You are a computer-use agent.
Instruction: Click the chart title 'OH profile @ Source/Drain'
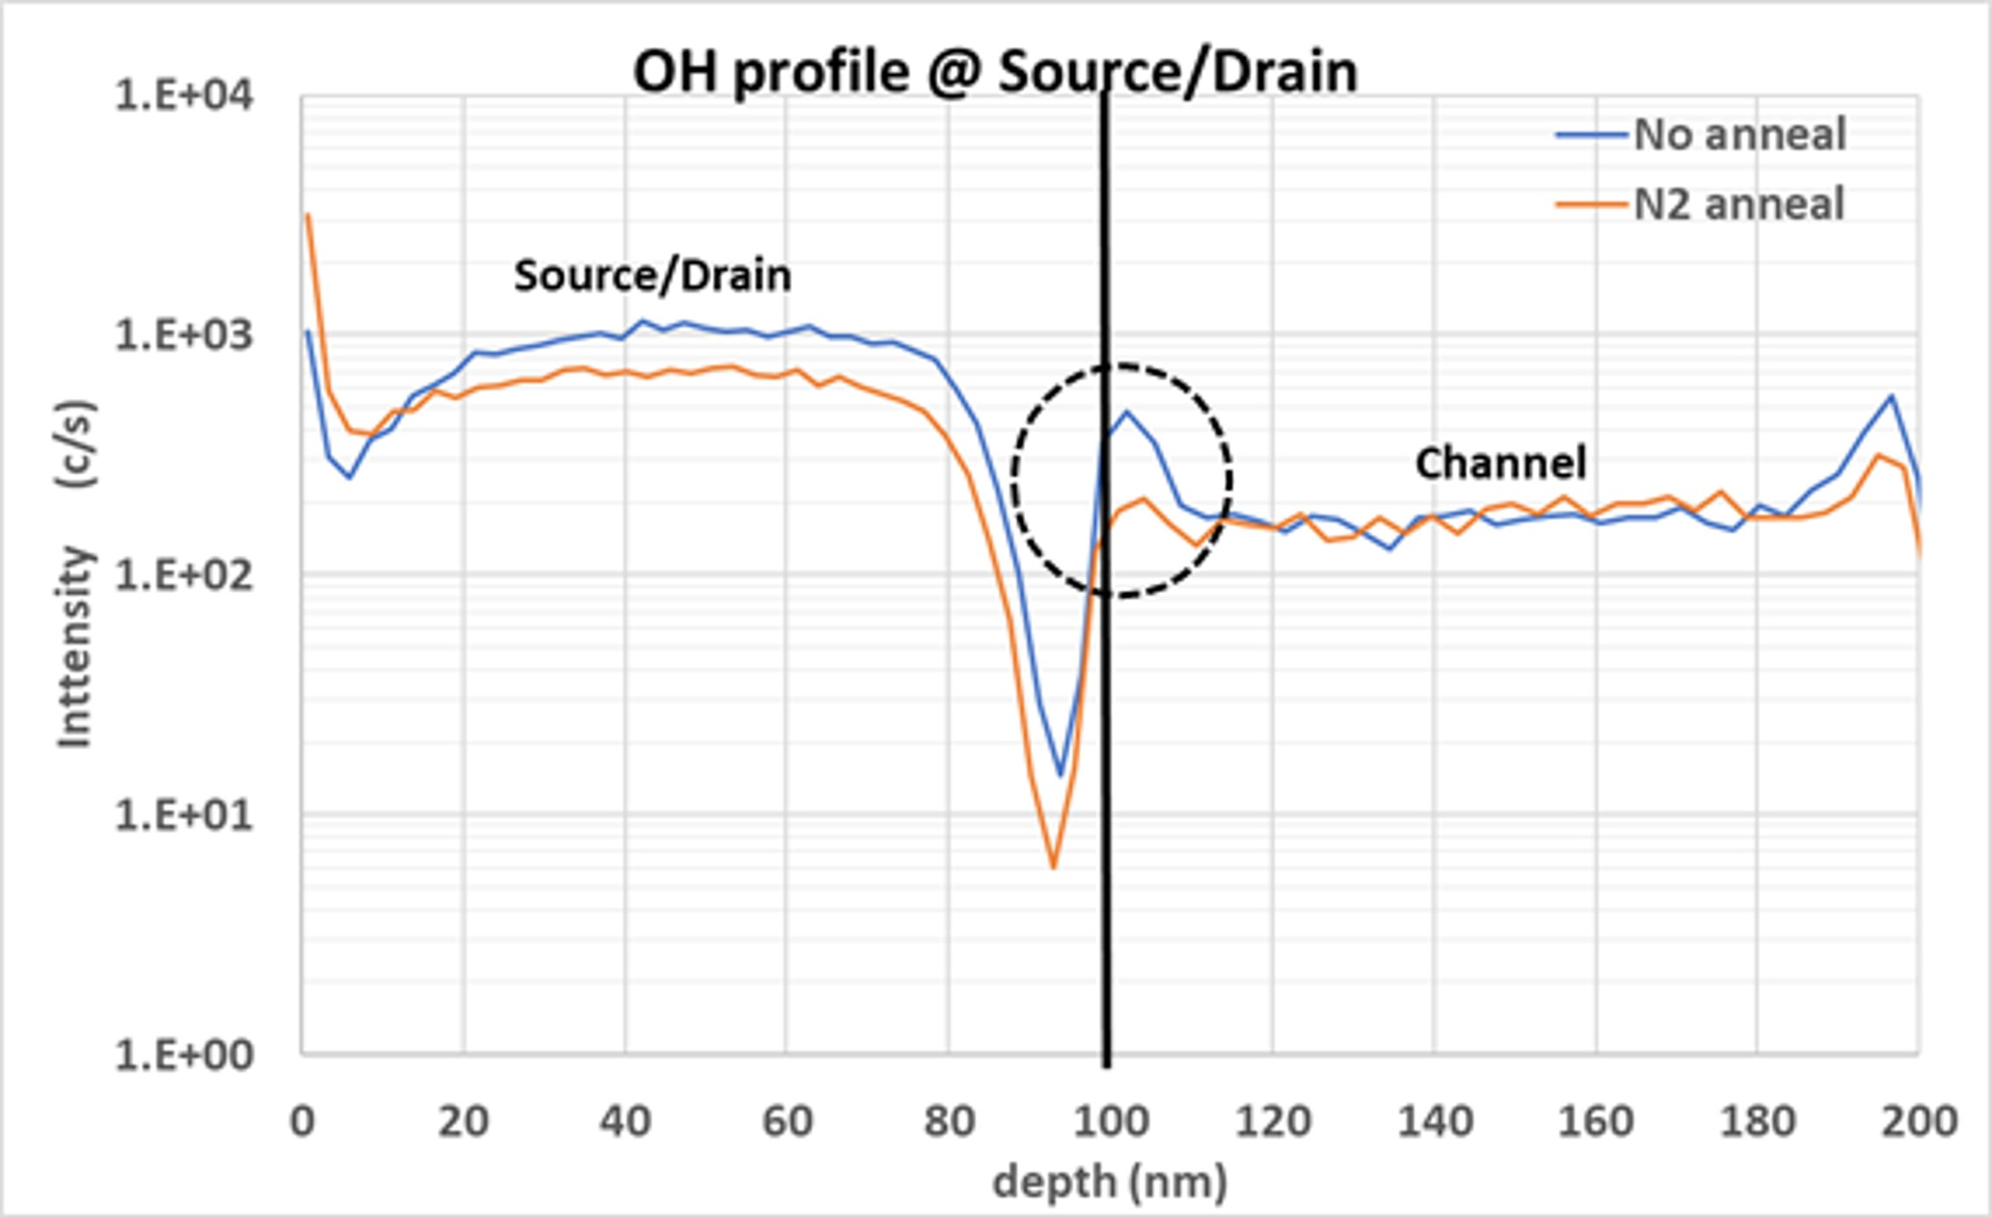pos(995,72)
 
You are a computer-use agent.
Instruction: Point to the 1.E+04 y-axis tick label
pos(184,96)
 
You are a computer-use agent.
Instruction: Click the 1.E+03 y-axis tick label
pos(184,336)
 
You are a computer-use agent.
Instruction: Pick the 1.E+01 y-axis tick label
pos(184,815)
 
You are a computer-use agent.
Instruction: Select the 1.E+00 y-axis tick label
pos(184,1055)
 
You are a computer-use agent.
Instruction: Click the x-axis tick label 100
pos(1110,1121)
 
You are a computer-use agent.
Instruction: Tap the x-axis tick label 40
pos(625,1121)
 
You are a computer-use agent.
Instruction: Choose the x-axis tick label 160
pos(1595,1121)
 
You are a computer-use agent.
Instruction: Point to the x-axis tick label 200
pos(1918,1121)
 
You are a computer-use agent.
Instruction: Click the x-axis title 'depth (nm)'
pos(1110,1182)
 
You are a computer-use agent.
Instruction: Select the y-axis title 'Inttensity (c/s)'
pos(76,575)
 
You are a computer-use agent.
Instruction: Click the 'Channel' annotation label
pos(1501,463)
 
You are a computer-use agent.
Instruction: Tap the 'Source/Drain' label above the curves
pos(653,276)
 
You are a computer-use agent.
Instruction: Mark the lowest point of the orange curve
pos(1053,868)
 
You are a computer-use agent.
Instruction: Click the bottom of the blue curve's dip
pos(1060,776)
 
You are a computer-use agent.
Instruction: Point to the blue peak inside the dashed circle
pos(1126,412)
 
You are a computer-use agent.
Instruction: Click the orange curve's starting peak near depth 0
pos(308,214)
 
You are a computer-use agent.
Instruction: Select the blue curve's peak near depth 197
pos(1892,396)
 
